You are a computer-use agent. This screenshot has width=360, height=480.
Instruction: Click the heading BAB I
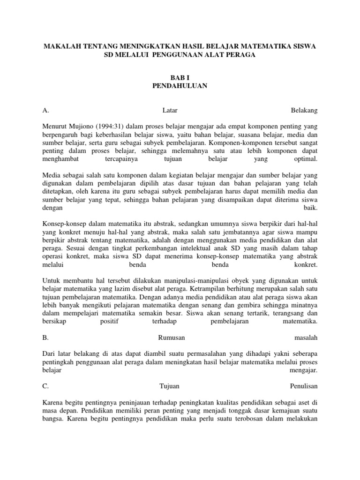180,78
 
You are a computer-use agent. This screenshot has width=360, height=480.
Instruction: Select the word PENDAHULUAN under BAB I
180,86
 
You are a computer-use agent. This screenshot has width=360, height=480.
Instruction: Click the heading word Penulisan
304,386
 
